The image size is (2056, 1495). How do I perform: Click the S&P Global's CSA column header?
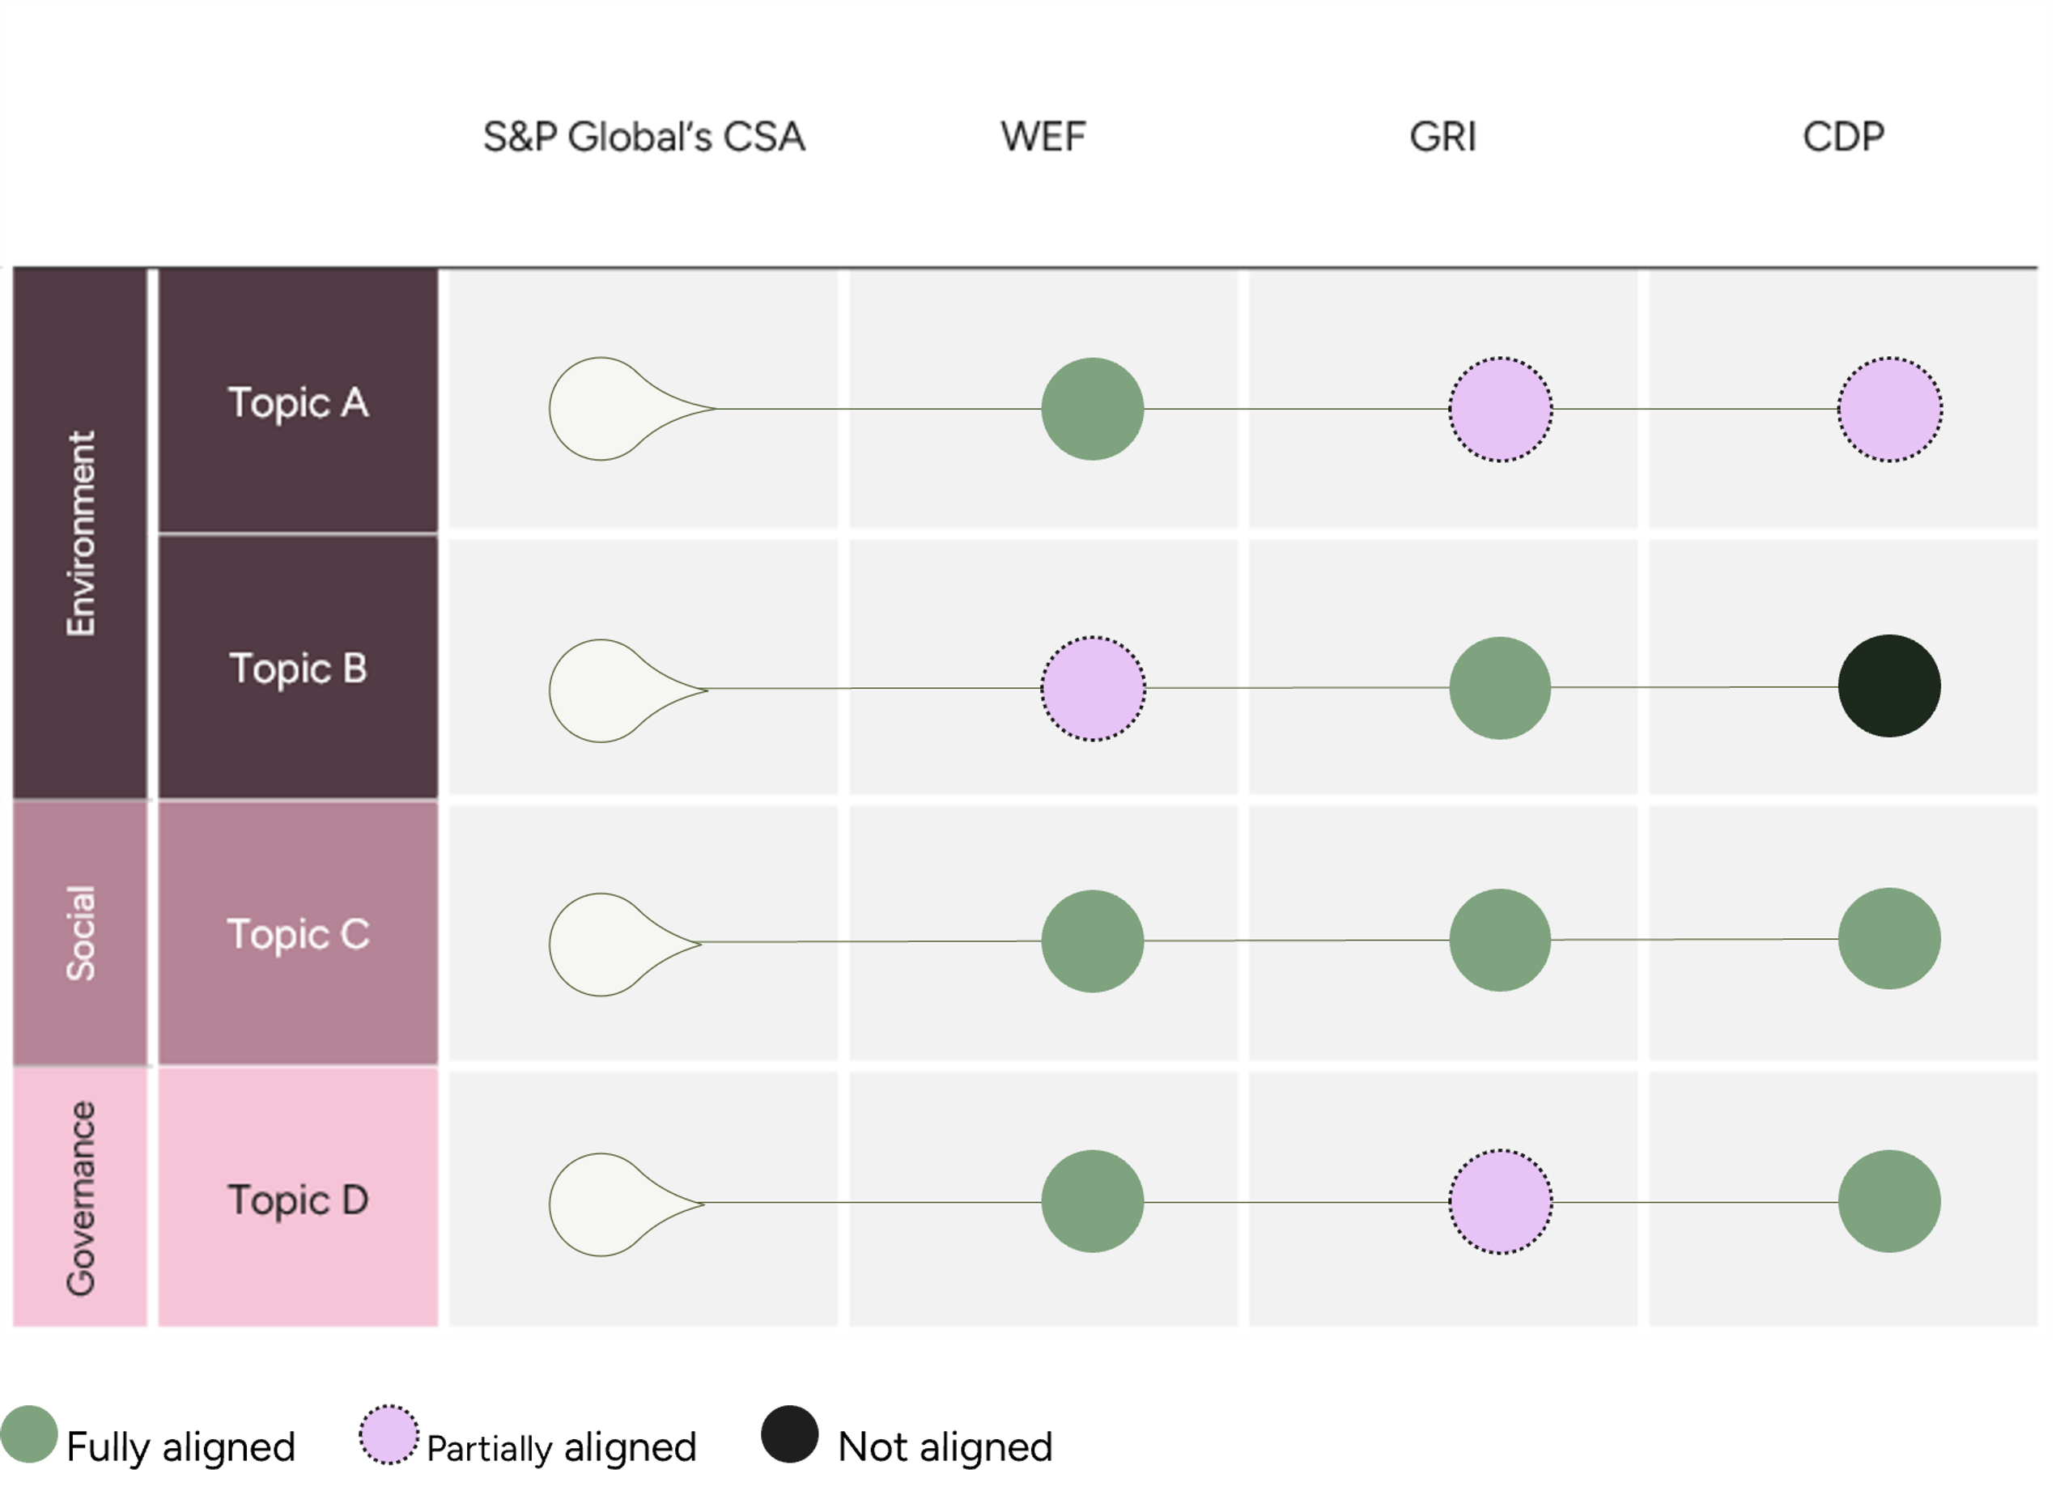point(644,138)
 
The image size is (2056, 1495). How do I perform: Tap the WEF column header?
point(1043,138)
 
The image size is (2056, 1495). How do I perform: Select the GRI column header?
point(1443,138)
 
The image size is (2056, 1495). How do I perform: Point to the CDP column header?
point(1843,138)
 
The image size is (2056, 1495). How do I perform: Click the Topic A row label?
point(298,402)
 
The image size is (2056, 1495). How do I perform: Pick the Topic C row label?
point(298,935)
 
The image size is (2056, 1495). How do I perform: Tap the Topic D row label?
point(298,1200)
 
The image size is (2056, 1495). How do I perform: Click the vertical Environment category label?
point(81,533)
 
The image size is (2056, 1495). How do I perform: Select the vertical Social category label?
point(81,934)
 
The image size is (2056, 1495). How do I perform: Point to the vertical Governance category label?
point(81,1199)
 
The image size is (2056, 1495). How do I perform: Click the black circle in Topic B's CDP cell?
point(1889,686)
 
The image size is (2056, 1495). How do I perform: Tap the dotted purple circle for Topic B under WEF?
point(1093,689)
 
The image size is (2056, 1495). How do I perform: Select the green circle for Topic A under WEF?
point(1093,409)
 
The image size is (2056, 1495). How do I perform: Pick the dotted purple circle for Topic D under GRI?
point(1500,1202)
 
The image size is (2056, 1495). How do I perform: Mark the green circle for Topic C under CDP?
point(1889,938)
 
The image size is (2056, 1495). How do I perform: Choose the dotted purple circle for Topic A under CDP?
point(1889,410)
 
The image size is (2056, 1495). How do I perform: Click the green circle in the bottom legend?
point(30,1434)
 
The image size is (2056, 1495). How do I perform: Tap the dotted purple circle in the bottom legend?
point(389,1434)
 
